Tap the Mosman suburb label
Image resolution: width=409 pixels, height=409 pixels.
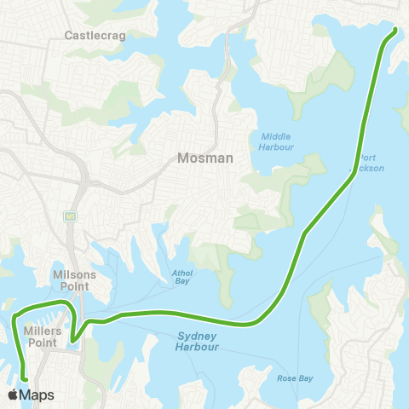tap(200, 158)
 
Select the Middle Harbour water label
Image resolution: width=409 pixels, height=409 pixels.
tap(277, 141)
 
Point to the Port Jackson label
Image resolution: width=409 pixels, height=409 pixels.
tap(372, 163)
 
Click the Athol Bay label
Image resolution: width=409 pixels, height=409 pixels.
tap(181, 279)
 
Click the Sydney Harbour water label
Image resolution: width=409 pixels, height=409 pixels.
tap(198, 342)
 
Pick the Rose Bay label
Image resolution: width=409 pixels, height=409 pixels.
tap(292, 377)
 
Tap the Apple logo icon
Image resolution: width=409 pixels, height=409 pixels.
tap(14, 395)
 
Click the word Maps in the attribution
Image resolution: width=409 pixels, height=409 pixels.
tap(37, 395)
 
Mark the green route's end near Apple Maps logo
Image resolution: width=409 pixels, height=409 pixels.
tap(25, 380)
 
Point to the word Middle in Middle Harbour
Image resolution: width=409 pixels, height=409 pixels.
tap(277, 135)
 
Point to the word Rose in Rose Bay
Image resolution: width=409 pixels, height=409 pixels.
tap(285, 377)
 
